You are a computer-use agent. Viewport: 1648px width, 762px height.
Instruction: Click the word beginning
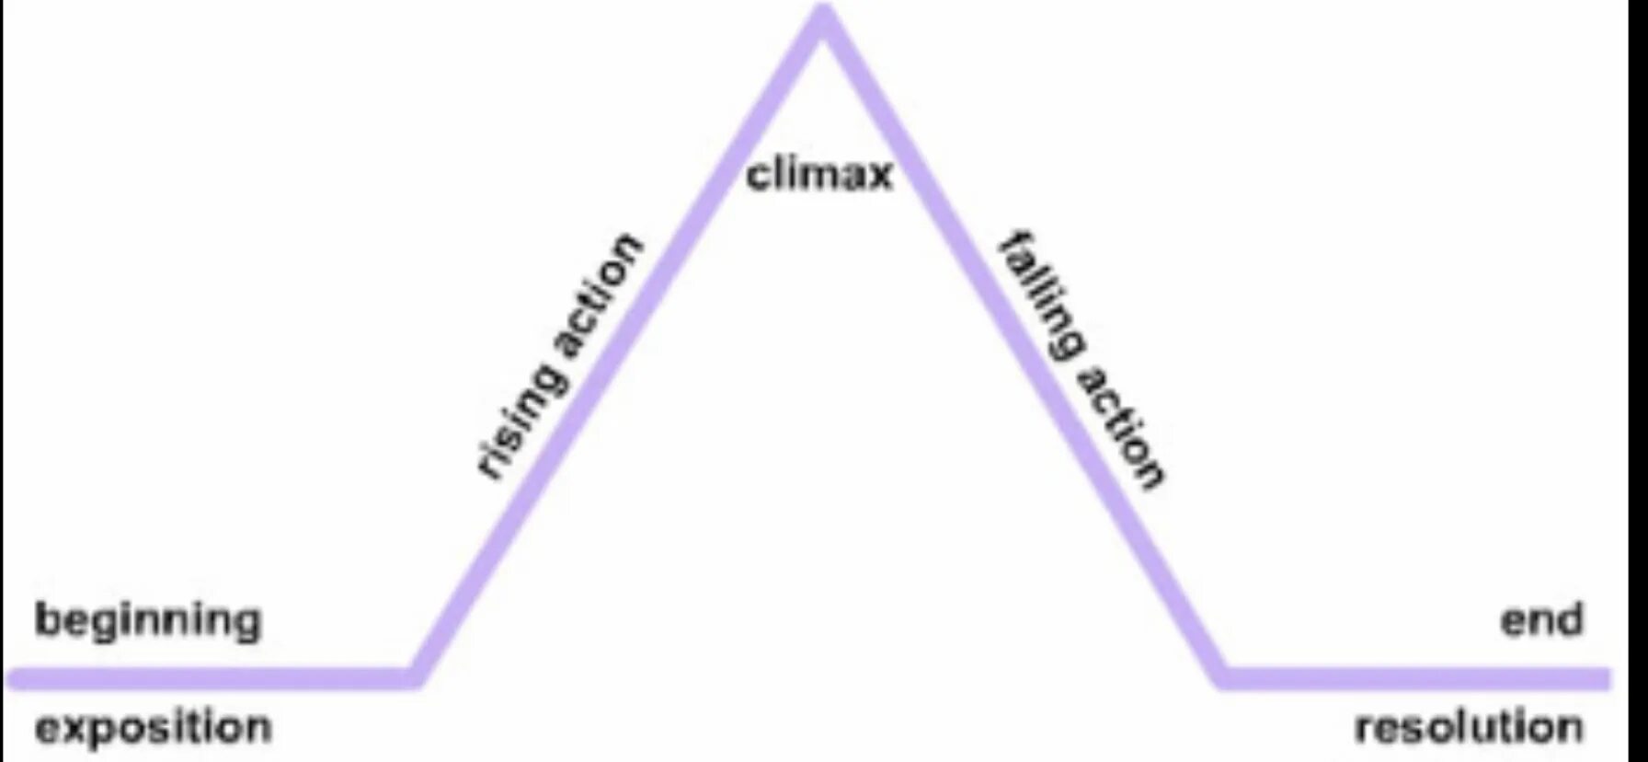point(148,621)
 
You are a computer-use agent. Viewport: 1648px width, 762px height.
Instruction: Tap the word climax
point(818,173)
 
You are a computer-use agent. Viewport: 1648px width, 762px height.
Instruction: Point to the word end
point(1541,619)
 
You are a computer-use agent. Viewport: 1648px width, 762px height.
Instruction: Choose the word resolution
point(1469,728)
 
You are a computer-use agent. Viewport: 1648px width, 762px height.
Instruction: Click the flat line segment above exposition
point(212,678)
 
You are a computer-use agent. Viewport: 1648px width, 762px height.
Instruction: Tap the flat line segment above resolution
point(1416,678)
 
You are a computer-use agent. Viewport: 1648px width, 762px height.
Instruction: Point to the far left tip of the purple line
point(11,678)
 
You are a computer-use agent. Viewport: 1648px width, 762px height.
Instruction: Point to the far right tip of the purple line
point(1608,678)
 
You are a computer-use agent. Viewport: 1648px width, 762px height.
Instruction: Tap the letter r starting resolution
point(1365,730)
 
